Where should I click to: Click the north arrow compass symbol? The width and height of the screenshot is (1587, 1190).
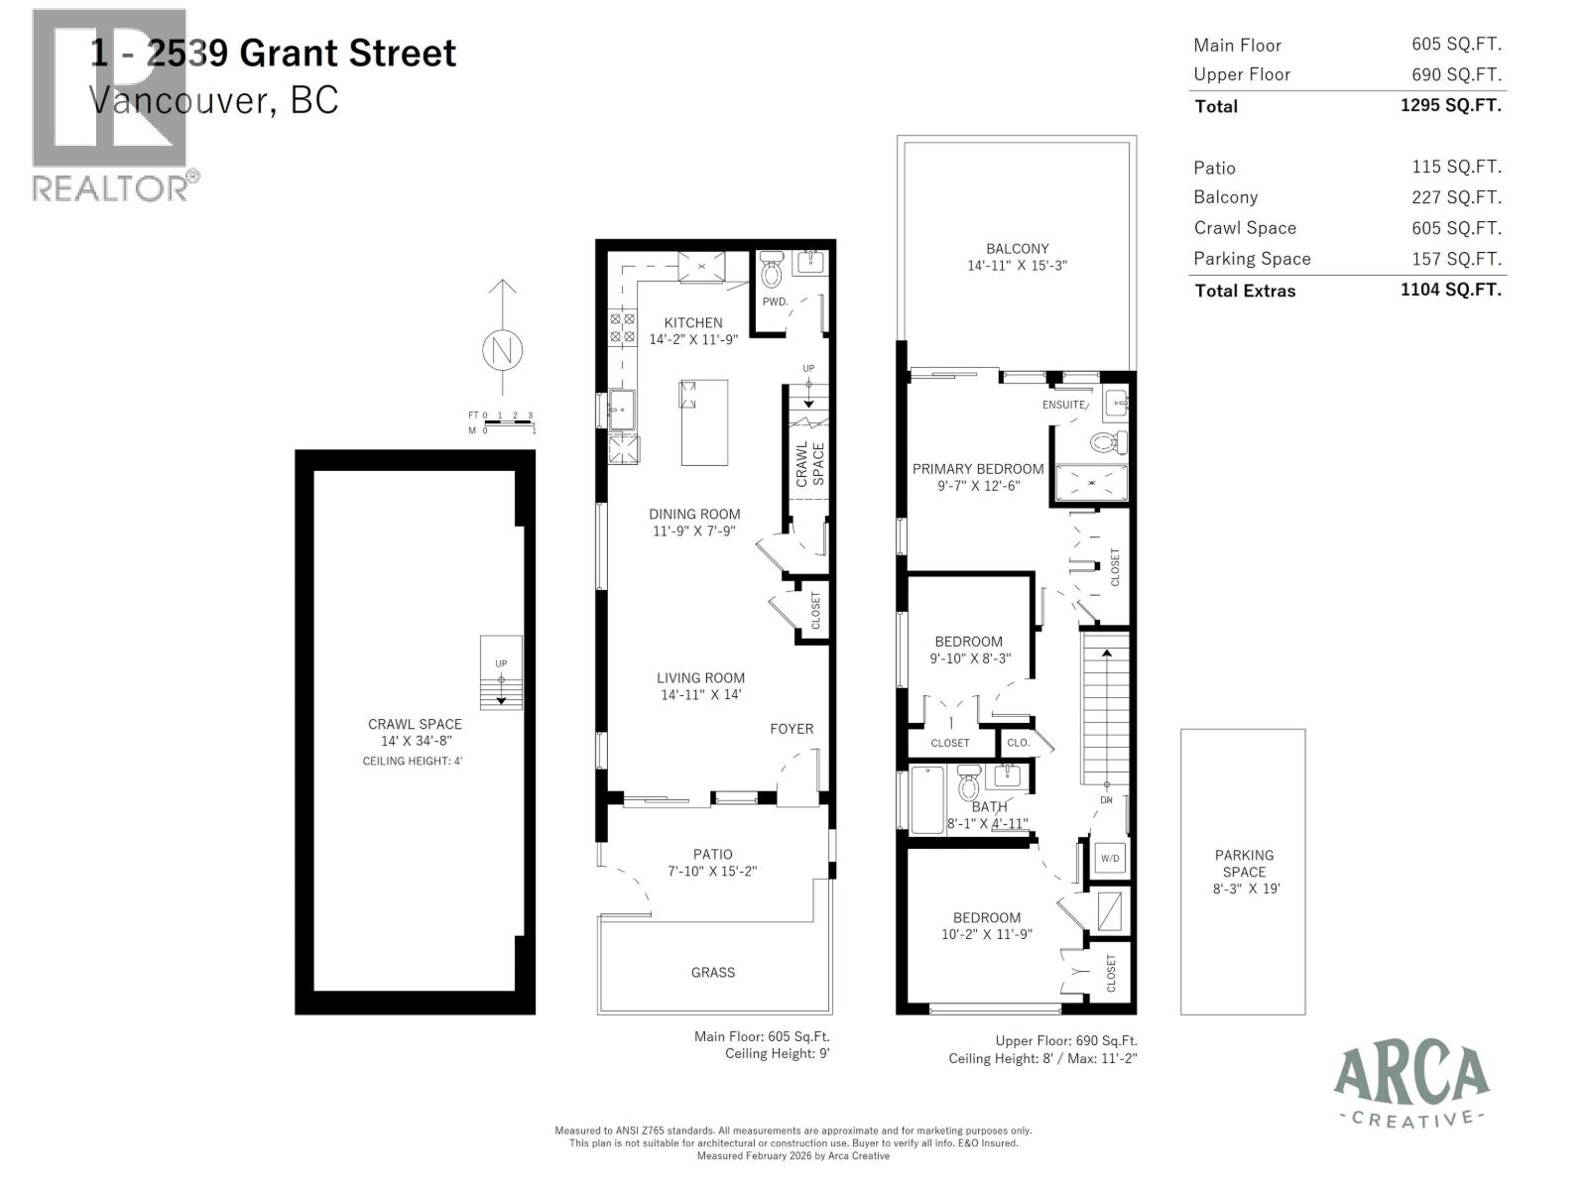pos(503,349)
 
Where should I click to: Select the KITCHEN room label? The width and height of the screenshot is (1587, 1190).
pos(693,322)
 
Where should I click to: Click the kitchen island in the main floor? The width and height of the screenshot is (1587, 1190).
pos(704,421)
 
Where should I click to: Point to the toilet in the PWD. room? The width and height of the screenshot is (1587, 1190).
pos(771,269)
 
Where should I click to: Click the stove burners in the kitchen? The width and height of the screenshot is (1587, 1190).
pos(622,328)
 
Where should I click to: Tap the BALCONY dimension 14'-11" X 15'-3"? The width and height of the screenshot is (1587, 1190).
pos(1017,266)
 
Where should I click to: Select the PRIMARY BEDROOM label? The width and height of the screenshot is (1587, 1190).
pos(978,469)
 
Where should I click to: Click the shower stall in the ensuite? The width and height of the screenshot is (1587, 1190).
pos(1091,485)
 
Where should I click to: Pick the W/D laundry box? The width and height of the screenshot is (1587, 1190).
pos(1110,858)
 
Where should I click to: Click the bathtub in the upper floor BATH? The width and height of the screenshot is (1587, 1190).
pos(927,799)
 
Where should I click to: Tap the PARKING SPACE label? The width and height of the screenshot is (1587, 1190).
pos(1244,863)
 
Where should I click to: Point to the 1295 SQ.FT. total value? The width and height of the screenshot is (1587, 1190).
pos(1450,105)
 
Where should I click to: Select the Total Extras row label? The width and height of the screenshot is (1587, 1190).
pos(1245,291)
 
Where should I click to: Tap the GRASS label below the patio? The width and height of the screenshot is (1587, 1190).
pos(713,973)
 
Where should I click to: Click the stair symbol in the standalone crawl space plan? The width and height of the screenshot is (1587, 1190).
pos(501,673)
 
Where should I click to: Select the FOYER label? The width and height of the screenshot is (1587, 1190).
pos(792,729)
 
